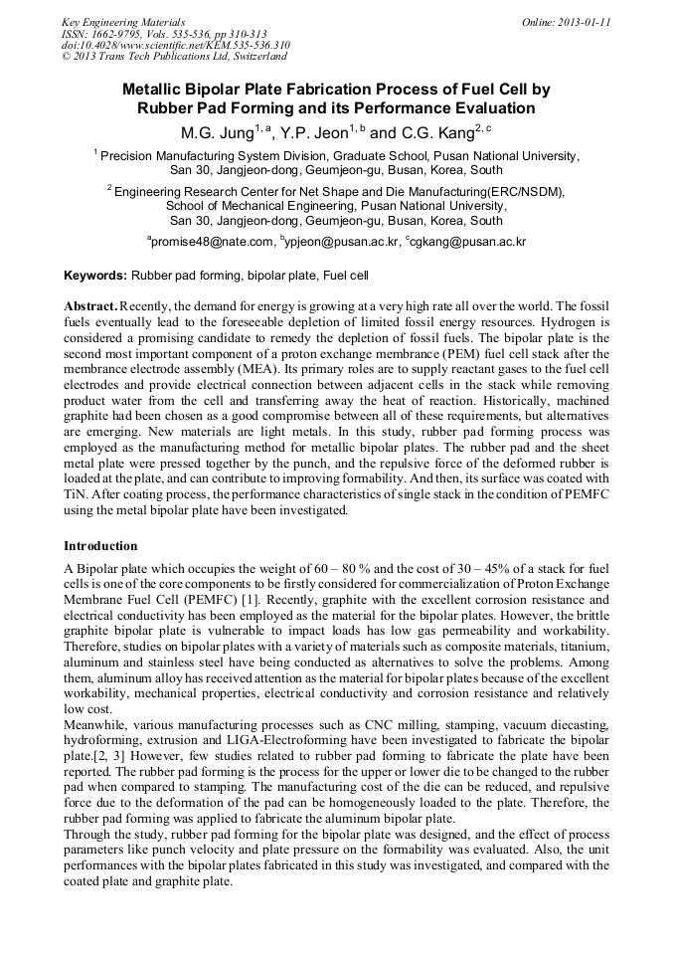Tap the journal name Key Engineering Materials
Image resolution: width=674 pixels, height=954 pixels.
coord(123,21)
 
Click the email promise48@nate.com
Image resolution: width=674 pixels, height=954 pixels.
coord(211,242)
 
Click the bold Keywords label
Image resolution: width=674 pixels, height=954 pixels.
coord(95,275)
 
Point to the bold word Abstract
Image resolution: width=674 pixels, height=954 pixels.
coord(89,304)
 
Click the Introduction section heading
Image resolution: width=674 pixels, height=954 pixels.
coord(100,546)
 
